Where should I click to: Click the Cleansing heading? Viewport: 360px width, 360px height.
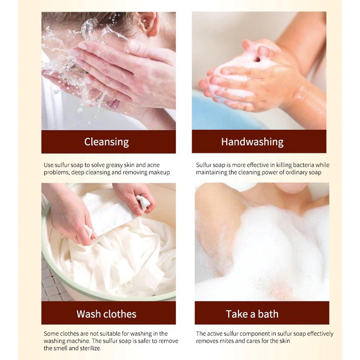106,142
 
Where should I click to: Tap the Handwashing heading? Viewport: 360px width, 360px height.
252,142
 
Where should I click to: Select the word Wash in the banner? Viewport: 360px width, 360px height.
88,314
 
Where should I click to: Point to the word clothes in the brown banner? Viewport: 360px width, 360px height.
120,314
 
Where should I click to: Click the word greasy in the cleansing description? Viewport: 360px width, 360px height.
114,165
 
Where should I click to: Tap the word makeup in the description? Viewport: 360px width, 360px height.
159,173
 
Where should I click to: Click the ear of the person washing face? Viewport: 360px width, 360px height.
150,23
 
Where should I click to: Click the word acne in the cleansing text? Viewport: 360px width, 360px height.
153,165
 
